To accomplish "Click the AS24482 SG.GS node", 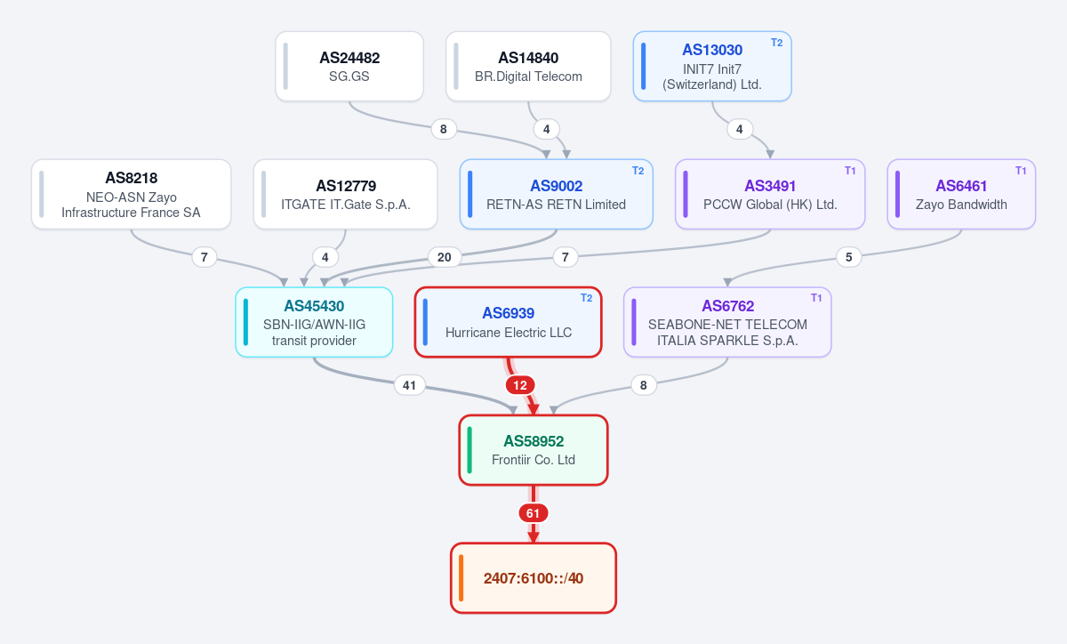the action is (349, 66).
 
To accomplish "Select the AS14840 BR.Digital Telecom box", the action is (528, 66).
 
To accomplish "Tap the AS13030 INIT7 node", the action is (712, 66).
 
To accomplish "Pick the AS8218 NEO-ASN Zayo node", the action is (132, 194).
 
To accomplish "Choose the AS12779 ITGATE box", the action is (345, 194).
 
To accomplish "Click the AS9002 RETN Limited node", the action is (557, 194).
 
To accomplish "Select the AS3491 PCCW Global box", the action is (770, 194).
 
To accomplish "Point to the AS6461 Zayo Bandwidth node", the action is (961, 194).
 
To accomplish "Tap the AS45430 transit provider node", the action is (314, 322).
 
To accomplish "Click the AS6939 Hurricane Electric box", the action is (509, 322).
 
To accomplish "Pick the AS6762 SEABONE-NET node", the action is (727, 322).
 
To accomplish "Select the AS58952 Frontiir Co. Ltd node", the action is (533, 450).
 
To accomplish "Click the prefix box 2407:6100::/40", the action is (533, 578).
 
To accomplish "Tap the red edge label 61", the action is (533, 513).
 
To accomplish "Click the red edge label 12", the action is (520, 385).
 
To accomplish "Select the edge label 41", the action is (410, 385).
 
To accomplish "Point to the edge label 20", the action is (445, 257).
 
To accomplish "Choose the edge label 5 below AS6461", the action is (849, 257).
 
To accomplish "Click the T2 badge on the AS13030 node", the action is (777, 43).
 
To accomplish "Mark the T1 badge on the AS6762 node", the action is (816, 298).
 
